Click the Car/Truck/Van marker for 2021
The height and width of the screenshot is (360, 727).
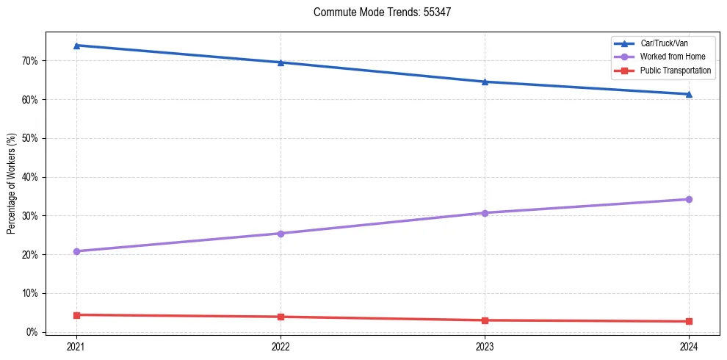click(76, 46)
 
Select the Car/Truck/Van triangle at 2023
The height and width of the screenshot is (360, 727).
click(485, 82)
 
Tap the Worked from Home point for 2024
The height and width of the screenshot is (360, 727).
click(689, 199)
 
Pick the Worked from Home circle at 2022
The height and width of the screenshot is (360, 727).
click(281, 234)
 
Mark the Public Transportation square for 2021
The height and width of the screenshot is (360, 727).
click(76, 315)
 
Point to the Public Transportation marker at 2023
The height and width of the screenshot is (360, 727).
click(485, 320)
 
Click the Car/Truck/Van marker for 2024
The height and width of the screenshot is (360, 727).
click(689, 94)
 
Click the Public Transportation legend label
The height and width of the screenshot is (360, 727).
click(676, 71)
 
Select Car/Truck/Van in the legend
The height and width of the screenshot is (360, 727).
click(664, 44)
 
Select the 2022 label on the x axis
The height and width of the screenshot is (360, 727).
click(281, 346)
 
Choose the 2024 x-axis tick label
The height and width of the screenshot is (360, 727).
click(689, 346)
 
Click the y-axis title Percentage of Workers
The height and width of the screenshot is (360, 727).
click(12, 183)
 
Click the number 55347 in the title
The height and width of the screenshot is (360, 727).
click(441, 12)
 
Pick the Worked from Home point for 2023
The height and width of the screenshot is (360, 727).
click(485, 213)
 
